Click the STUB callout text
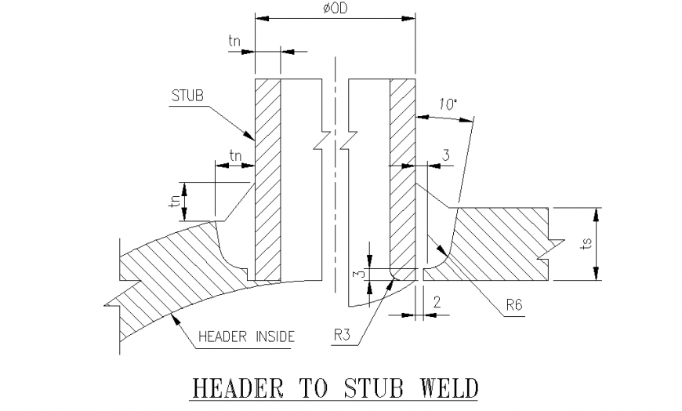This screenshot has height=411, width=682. (187, 96)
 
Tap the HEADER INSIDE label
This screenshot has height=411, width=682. (245, 336)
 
